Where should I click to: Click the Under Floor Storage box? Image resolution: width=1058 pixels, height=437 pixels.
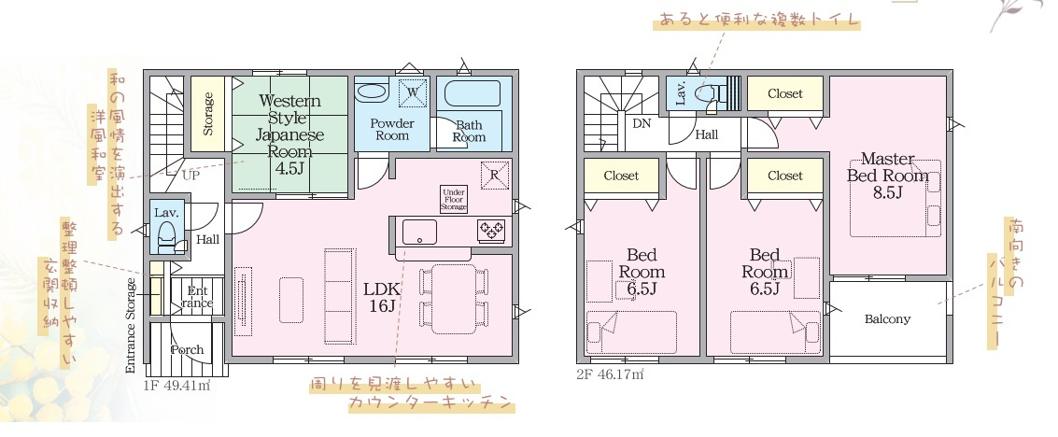454,200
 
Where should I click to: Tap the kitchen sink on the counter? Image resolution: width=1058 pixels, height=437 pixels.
419,232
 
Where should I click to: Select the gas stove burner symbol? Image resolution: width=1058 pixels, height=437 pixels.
490,231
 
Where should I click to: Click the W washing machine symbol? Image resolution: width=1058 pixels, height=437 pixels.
414,92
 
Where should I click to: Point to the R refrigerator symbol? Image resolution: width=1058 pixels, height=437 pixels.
495,175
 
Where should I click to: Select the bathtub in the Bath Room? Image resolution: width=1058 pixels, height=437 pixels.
473,93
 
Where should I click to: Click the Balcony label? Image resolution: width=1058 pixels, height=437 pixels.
887,319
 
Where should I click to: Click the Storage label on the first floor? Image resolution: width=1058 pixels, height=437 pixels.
208,113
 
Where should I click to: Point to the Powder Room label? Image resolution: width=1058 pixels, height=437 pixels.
392,130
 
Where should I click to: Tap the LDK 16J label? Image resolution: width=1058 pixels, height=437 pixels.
382,297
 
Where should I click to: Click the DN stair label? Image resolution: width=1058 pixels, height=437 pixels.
642,123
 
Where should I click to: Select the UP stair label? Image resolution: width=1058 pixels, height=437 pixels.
190,176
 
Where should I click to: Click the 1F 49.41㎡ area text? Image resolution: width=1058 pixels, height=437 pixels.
177,386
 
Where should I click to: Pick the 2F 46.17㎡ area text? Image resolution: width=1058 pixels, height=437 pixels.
610,374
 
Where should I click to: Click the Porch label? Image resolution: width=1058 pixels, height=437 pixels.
187,349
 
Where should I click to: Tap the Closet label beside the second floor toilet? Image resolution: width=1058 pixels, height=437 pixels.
785,93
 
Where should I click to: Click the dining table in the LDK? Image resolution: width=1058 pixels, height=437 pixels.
454,299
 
